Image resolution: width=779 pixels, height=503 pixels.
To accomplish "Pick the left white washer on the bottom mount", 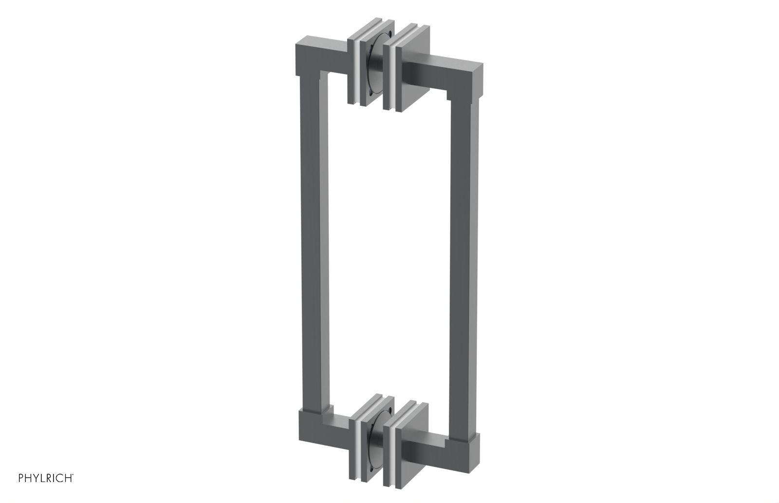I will pyautogui.click(x=362, y=441).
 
